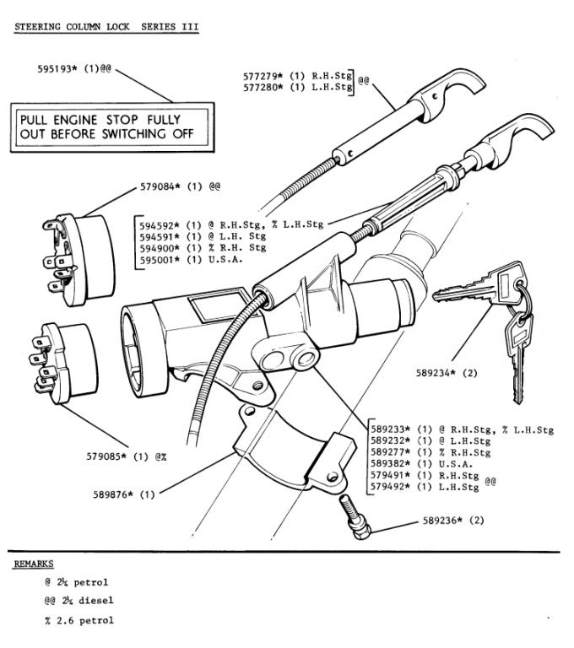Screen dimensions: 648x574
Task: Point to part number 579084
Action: pyautogui.click(x=161, y=186)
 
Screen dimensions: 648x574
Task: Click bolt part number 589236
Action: pyautogui.click(x=444, y=521)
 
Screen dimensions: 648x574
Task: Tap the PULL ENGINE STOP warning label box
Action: pyautogui.click(x=107, y=127)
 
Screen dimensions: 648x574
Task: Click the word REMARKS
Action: pyautogui.click(x=34, y=564)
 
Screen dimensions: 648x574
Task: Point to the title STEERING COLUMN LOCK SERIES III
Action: pyautogui.click(x=106, y=26)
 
